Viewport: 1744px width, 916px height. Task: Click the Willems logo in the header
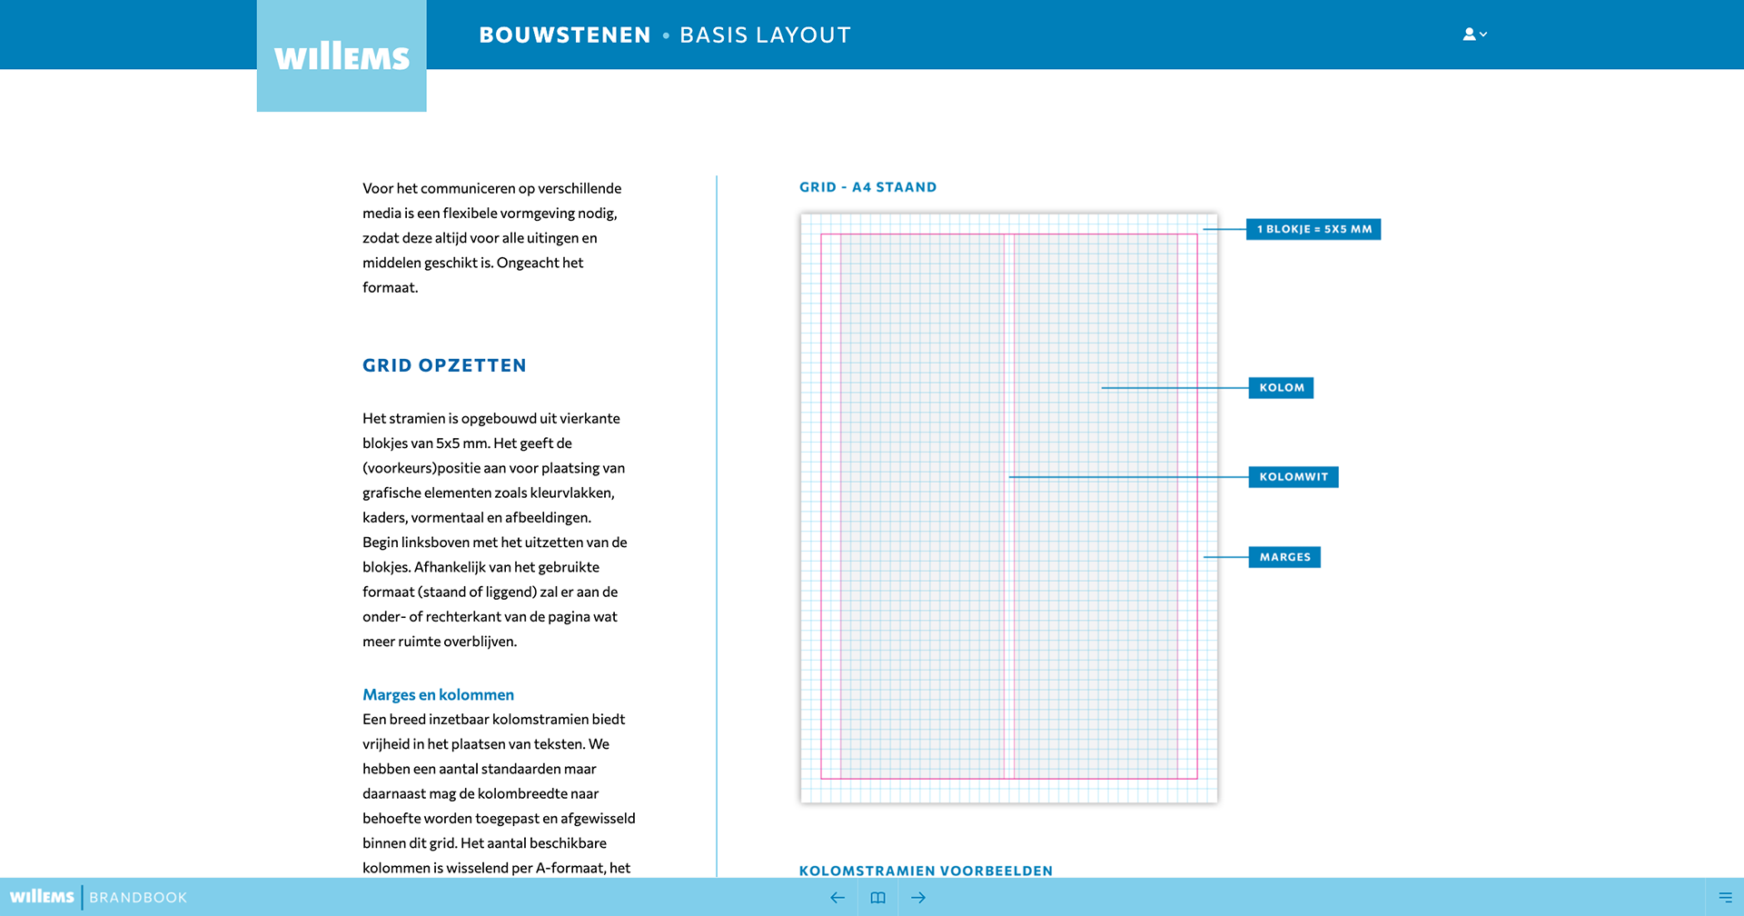pyautogui.click(x=342, y=57)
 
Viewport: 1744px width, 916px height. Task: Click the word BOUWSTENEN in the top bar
pyautogui.click(x=565, y=35)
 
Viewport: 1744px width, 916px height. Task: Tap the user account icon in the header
pyautogui.click(x=1473, y=35)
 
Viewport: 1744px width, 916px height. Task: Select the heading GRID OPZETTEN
pyautogui.click(x=444, y=365)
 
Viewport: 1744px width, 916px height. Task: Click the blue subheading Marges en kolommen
pyautogui.click(x=438, y=695)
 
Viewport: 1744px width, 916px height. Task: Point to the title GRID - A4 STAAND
pyautogui.click(x=867, y=187)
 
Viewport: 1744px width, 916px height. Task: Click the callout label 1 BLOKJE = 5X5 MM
pyautogui.click(x=1313, y=229)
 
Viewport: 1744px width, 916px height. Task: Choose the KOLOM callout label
pyautogui.click(x=1281, y=388)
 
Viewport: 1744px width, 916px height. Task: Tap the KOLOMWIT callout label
pyautogui.click(x=1293, y=477)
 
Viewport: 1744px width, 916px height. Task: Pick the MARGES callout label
pyautogui.click(x=1284, y=557)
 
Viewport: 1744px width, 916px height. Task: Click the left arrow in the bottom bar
pyautogui.click(x=837, y=898)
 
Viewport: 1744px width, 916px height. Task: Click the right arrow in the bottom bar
pyautogui.click(x=918, y=898)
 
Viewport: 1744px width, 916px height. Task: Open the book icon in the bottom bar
pyautogui.click(x=877, y=898)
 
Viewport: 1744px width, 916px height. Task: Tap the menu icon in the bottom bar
pyautogui.click(x=1725, y=898)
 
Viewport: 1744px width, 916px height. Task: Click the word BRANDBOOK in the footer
pyautogui.click(x=138, y=898)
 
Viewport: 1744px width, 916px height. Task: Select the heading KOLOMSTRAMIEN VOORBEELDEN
pyautogui.click(x=926, y=871)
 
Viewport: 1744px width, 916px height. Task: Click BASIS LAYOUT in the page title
pyautogui.click(x=765, y=35)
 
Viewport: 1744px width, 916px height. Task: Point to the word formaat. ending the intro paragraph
pyautogui.click(x=391, y=288)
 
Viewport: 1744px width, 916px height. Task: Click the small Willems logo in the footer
pyautogui.click(x=42, y=897)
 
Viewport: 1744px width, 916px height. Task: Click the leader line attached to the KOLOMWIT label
pyautogui.click(x=1126, y=477)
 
